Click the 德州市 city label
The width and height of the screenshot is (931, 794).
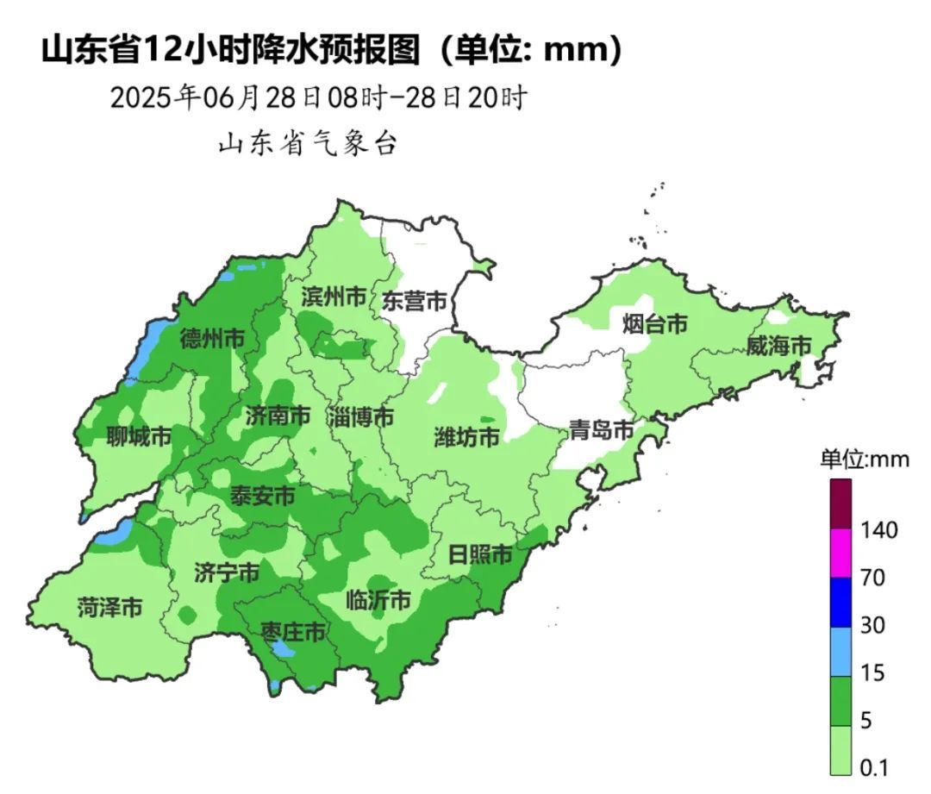(x=212, y=339)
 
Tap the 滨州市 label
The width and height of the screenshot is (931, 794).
(x=334, y=297)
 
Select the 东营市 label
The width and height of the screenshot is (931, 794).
(x=415, y=302)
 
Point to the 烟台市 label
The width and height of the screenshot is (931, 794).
(x=655, y=325)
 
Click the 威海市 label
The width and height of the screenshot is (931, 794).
(x=778, y=347)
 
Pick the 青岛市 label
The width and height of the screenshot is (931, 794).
(x=601, y=430)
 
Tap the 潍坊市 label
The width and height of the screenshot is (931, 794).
(x=466, y=437)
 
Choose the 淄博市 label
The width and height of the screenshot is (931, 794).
(x=360, y=418)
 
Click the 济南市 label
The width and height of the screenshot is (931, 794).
(x=278, y=416)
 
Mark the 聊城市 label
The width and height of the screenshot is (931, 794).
(x=139, y=437)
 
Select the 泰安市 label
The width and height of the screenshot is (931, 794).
(x=262, y=497)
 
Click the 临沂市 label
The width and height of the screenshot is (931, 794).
(x=378, y=600)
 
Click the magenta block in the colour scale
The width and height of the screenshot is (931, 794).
(x=840, y=553)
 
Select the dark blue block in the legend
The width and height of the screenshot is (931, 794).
(x=840, y=602)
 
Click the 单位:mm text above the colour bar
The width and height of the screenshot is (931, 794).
(x=864, y=460)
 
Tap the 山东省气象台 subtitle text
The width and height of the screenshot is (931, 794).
(x=307, y=144)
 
